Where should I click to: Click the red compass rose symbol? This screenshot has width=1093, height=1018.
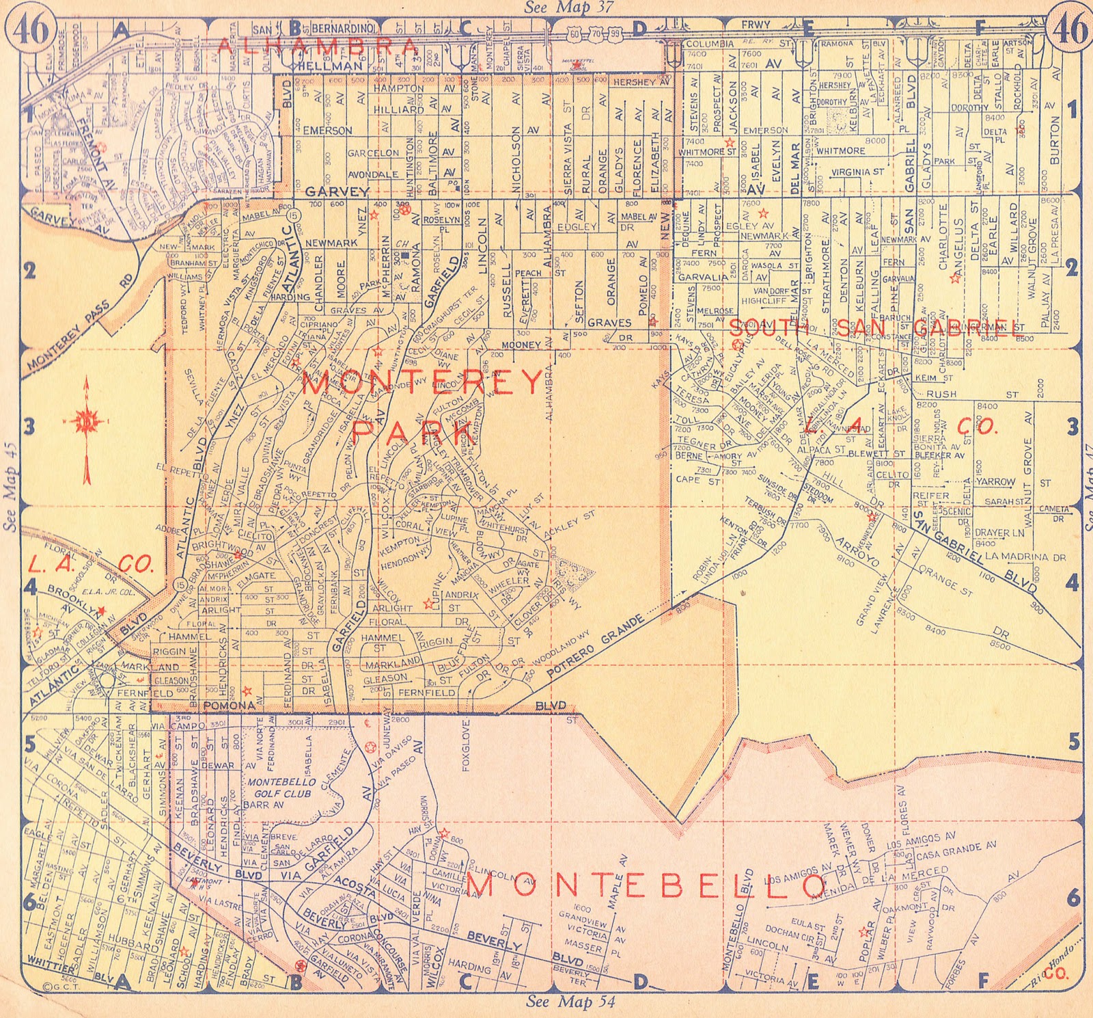[87, 422]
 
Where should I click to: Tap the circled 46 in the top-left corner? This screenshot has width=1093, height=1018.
[32, 30]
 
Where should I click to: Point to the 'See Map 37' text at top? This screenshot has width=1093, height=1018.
[569, 8]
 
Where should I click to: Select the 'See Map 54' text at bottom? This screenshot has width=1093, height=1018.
[570, 1002]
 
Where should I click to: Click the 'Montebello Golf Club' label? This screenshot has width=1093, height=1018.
[281, 788]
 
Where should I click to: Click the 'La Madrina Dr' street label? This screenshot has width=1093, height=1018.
[1025, 557]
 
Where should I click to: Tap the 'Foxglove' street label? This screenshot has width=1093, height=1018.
[467, 745]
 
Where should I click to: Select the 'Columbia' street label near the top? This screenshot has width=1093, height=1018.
[710, 44]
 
